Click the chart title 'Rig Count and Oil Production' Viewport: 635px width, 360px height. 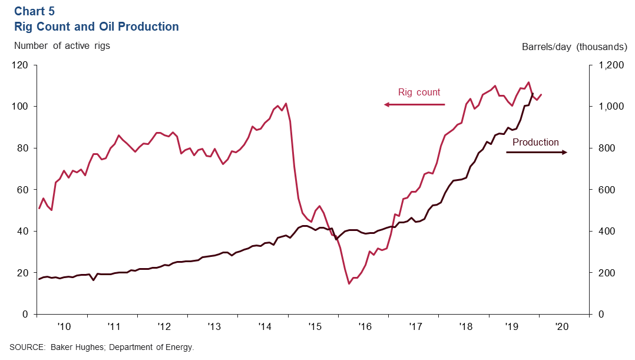click(97, 27)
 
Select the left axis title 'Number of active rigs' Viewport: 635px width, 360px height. click(62, 45)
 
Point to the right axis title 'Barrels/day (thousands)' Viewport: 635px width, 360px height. click(574, 47)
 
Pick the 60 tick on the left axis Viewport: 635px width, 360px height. click(23, 190)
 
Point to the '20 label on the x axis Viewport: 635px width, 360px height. click(563, 326)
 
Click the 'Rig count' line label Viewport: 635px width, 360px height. click(419, 93)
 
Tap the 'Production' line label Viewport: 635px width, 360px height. click(535, 142)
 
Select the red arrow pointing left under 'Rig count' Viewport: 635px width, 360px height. click(415, 104)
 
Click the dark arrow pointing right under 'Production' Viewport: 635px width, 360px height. click(537, 152)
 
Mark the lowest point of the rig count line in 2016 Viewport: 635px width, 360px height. click(349, 283)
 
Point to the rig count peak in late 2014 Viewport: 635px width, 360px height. click(286, 104)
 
